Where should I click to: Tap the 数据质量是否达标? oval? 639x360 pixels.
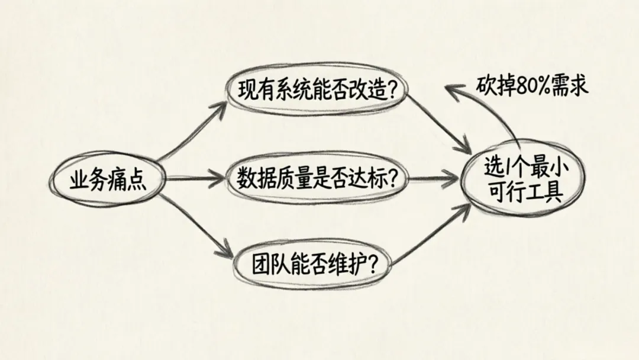(317, 177)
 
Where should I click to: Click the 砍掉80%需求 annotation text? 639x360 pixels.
(532, 85)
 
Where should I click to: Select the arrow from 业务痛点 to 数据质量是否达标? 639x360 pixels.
(195, 177)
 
